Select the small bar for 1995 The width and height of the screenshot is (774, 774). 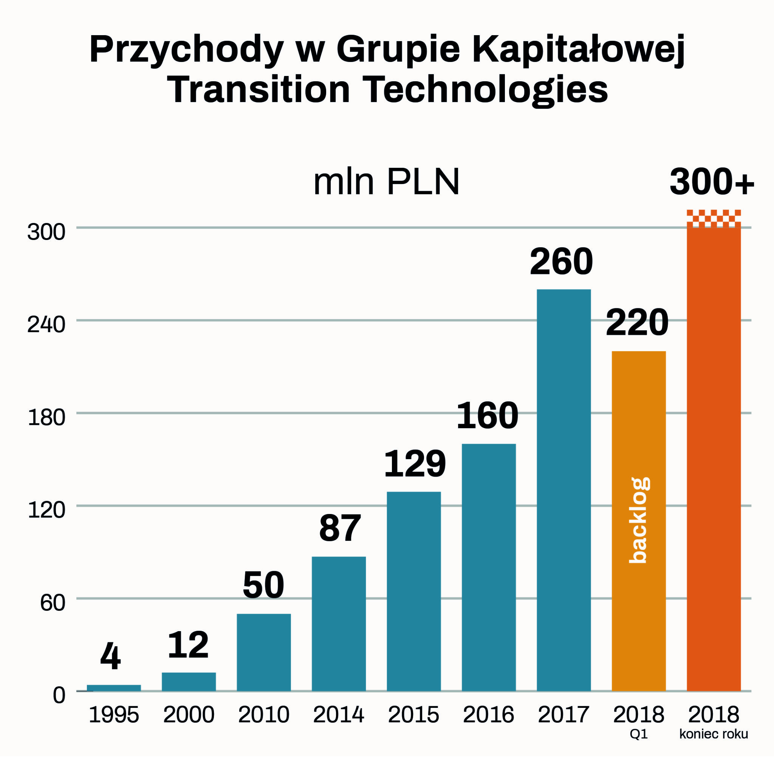coord(114,687)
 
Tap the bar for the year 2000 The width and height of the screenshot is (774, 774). coord(189,681)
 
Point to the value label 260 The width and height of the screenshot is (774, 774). coord(561,262)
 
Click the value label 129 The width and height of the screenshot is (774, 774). coord(415,464)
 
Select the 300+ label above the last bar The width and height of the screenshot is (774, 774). coord(712,183)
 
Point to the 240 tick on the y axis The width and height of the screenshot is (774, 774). coord(46,325)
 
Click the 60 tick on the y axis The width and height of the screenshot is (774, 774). coord(53,602)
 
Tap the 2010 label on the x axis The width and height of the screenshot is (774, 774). coord(264,715)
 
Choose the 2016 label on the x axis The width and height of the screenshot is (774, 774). coord(488,715)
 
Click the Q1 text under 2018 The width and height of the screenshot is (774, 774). coord(639,734)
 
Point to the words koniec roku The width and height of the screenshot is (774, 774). coord(714,734)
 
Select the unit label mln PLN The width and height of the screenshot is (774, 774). coord(386,183)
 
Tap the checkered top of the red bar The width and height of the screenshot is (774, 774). coord(714,217)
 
